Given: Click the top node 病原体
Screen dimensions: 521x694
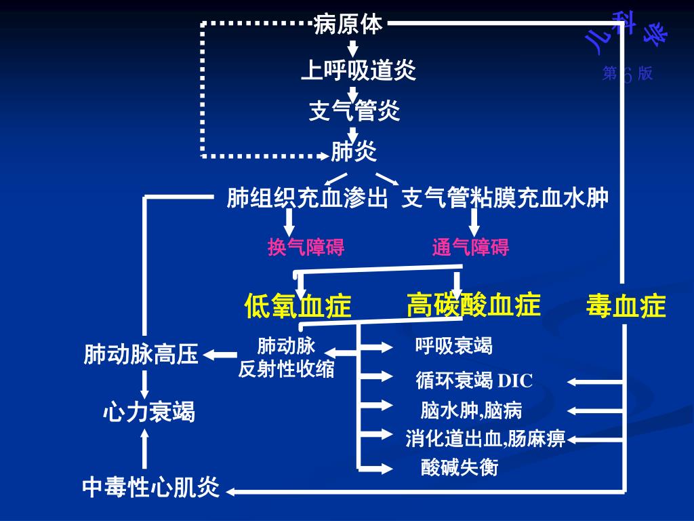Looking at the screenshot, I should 348,24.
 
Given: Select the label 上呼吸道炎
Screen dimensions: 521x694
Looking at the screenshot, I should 358,70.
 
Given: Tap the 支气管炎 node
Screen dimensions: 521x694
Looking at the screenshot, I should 354,111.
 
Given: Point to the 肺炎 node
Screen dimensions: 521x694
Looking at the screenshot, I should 354,152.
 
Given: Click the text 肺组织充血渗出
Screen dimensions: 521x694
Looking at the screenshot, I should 308,198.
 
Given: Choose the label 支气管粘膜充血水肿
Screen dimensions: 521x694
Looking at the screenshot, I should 505,198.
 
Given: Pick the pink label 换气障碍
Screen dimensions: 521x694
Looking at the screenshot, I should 306,248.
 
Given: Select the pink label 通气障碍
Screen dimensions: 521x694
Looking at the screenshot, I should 470,248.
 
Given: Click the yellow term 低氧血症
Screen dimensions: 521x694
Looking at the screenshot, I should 298,306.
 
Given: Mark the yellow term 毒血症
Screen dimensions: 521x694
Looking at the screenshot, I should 626,306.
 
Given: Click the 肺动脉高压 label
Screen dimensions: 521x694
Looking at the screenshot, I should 141,354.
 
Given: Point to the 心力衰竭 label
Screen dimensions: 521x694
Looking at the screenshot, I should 148,411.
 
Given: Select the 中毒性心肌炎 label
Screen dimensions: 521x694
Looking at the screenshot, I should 151,487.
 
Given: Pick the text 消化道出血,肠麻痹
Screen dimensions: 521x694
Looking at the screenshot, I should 485,439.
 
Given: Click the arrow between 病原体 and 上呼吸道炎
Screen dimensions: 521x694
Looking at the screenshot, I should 353,47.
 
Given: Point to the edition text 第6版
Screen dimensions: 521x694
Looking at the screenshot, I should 628,73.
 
